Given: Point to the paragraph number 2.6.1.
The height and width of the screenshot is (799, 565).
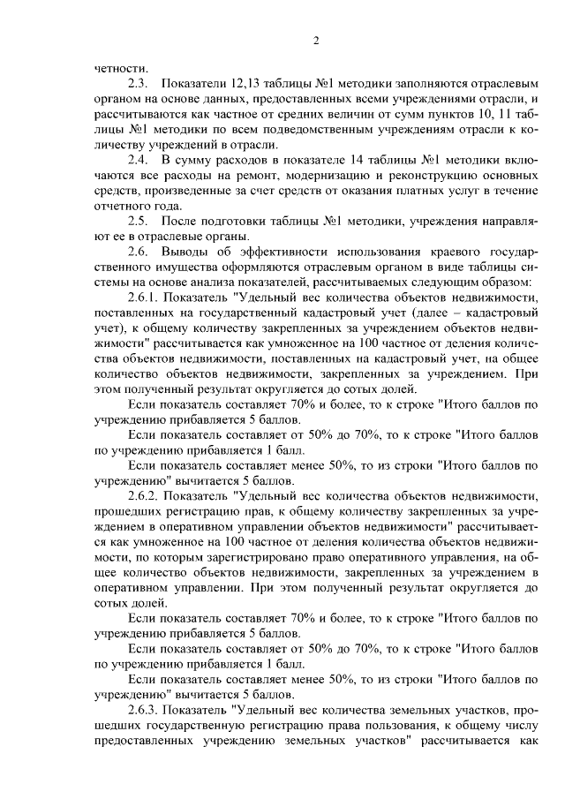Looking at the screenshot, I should click(x=145, y=298).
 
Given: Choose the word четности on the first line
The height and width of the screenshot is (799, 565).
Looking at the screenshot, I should click(x=121, y=64).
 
